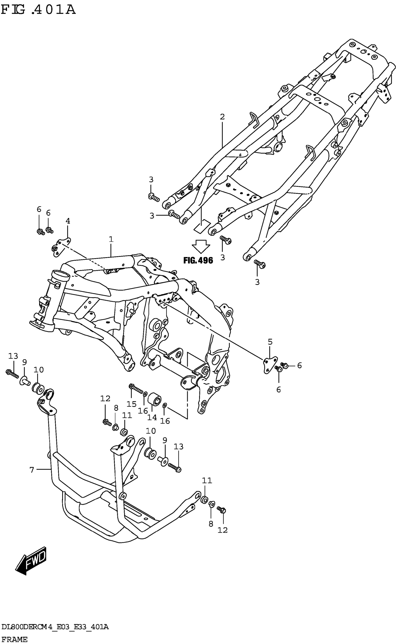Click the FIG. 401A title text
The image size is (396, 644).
click(x=38, y=10)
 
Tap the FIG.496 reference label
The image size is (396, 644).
click(x=198, y=260)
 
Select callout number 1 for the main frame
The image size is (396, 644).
click(x=111, y=239)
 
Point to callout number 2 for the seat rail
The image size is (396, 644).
click(x=222, y=117)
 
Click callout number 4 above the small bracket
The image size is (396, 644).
click(x=68, y=221)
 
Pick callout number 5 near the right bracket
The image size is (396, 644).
click(x=270, y=342)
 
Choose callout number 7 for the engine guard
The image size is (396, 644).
click(x=32, y=470)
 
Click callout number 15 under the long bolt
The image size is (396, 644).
click(x=131, y=404)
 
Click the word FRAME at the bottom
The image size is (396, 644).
click(x=14, y=639)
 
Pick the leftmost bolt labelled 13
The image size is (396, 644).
click(x=12, y=374)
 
